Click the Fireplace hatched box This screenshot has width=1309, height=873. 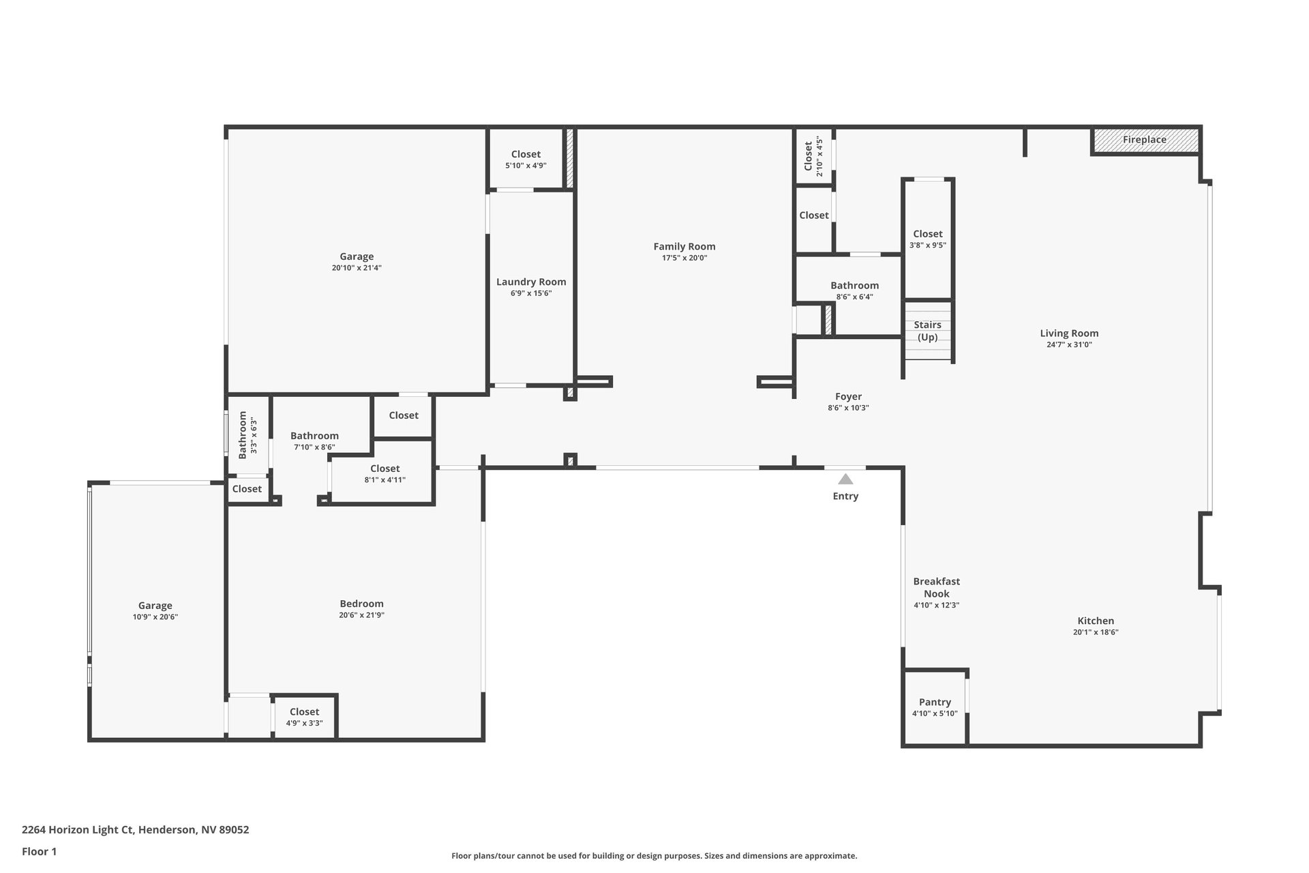pos(1145,140)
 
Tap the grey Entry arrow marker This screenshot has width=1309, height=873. pos(845,479)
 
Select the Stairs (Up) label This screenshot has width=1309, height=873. pos(927,331)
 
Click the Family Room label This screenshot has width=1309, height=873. pos(684,246)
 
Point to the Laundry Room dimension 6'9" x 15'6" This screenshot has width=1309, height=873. pos(531,293)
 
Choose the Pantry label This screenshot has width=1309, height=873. pos(935,702)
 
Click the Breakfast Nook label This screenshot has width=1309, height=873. pos(937,587)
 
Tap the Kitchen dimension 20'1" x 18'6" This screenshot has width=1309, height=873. pos(1096,632)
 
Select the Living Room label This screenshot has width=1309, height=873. pos(1069,333)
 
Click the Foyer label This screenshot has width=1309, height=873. pos(848,396)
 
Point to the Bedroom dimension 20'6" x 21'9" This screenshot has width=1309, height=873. pos(361,615)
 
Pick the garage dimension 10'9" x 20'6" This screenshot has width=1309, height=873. pos(155,617)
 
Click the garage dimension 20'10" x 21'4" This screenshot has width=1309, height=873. pos(357,268)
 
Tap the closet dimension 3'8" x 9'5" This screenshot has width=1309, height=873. pos(928,245)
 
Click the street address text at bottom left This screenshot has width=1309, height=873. pos(135,830)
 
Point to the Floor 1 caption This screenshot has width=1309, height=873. pos(39,851)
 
